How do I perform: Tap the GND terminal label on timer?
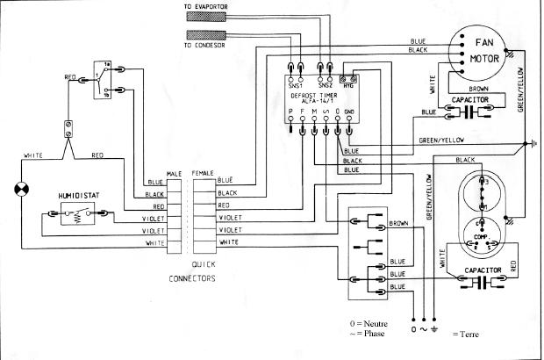coord(349,112)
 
